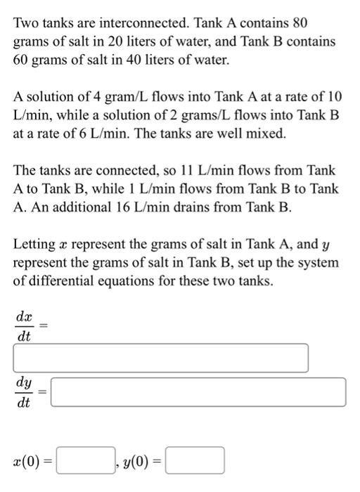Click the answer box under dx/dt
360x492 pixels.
pos(161,358)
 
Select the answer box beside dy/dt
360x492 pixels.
pos(199,392)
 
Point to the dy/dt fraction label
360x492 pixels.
pos(24,392)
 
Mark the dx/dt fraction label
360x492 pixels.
pos(24,325)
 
